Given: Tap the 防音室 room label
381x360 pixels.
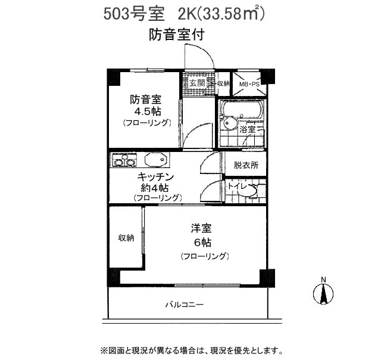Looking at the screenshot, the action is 145,100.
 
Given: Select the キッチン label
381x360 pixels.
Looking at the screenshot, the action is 155,176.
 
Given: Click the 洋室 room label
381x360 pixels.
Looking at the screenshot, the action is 201,228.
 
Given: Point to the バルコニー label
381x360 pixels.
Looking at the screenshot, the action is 185,305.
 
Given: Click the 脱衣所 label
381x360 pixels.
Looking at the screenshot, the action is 246,166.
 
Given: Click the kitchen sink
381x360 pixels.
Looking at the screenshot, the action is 155,160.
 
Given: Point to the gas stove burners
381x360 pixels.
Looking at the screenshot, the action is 123,160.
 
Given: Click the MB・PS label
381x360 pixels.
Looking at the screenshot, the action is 249,85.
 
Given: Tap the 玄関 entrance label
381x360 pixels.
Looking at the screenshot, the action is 197,83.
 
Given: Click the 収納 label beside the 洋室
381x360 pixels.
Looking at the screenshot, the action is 126,238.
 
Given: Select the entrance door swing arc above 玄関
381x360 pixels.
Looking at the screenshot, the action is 207,51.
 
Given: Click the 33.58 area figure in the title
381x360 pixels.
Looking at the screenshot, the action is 221,14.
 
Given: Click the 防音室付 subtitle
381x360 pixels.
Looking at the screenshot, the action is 177,35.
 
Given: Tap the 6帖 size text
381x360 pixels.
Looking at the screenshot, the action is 202,242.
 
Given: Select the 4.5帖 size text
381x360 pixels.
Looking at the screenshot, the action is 148,111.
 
